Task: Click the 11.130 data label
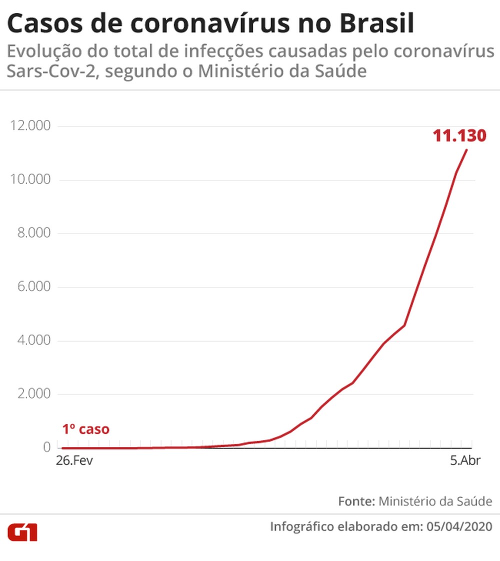pos(459,135)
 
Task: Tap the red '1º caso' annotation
pos(85,429)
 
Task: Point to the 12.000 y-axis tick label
pos(30,125)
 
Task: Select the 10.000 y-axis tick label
pos(30,179)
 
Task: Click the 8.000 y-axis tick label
pos(33,233)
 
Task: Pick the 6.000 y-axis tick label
pos(33,287)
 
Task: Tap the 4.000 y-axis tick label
pos(33,340)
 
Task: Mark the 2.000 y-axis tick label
pos(33,394)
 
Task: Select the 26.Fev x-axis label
pos(74,460)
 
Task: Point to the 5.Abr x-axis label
pos(465,460)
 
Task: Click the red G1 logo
pos(22,532)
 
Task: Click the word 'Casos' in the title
pos(44,23)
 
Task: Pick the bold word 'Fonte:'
pos(356,501)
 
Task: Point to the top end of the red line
pos(467,149)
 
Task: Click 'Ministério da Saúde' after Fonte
pos(435,501)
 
